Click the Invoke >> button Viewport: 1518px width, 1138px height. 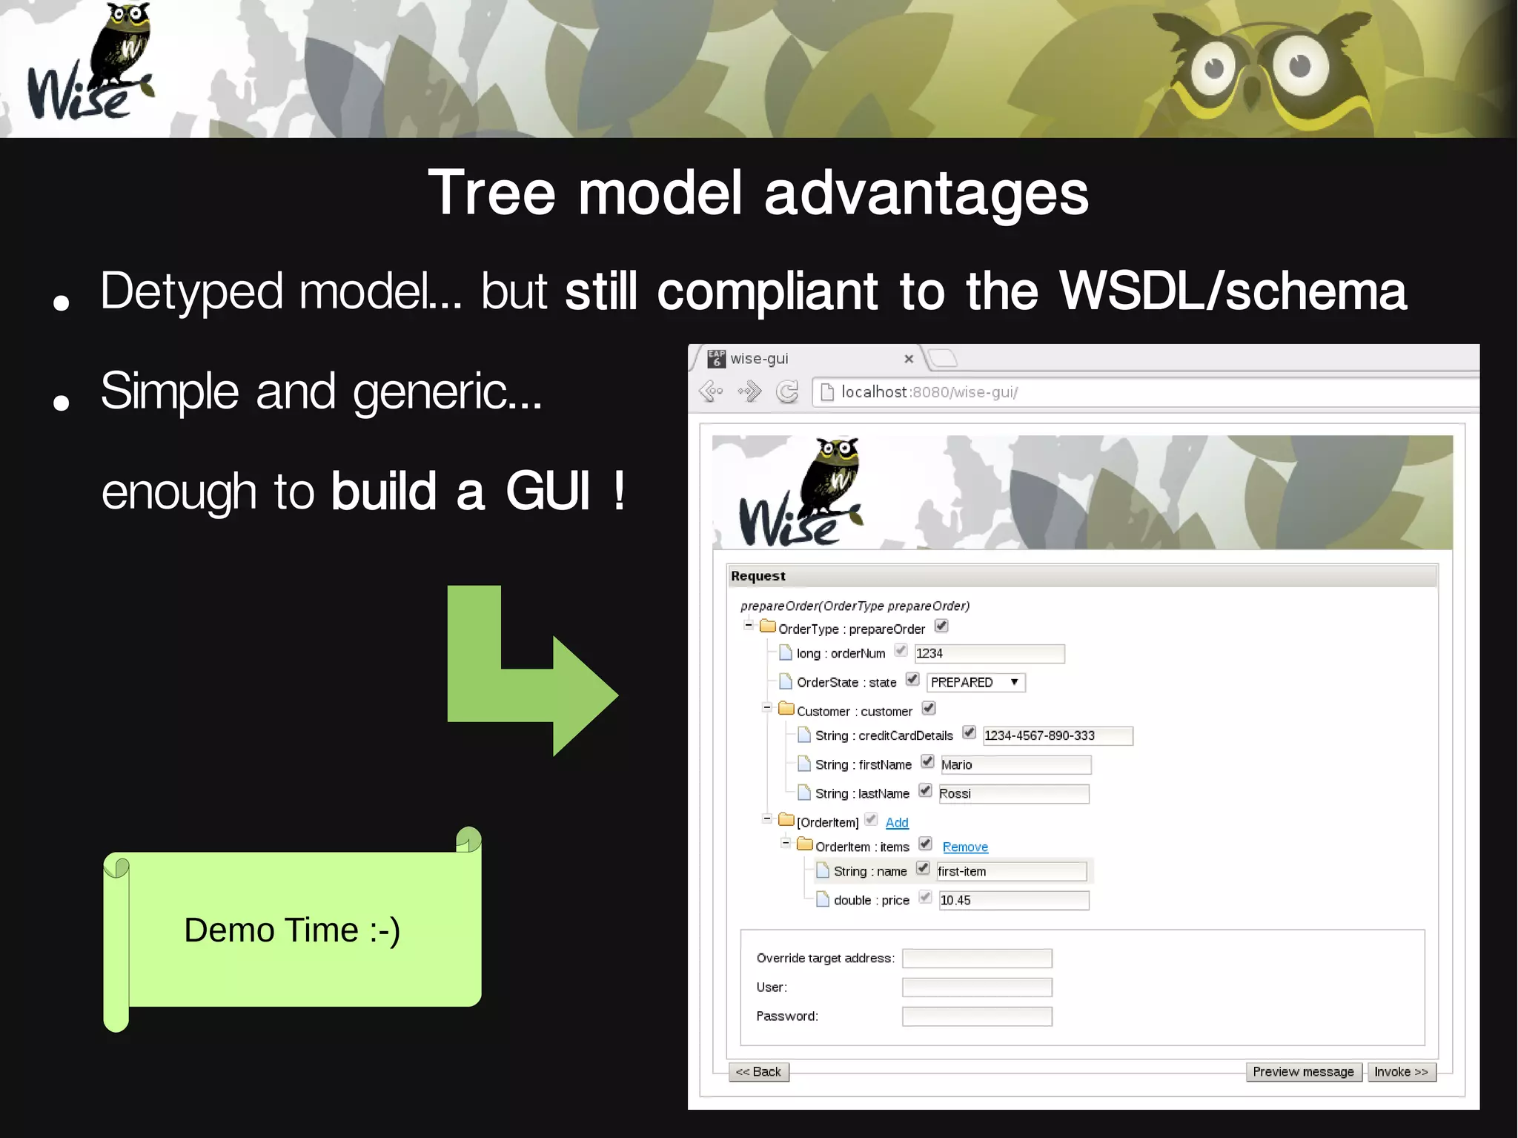pyautogui.click(x=1401, y=1072)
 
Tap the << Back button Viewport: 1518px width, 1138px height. pyautogui.click(x=758, y=1072)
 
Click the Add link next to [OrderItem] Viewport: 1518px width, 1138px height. pyautogui.click(x=897, y=822)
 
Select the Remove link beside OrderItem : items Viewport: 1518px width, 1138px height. pyautogui.click(x=965, y=847)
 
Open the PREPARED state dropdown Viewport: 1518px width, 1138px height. pyautogui.click(x=975, y=682)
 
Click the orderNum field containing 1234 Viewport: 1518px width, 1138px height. pyautogui.click(x=989, y=653)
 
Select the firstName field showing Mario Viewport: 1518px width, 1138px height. pyautogui.click(x=1015, y=764)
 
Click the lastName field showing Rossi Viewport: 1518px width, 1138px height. pyautogui.click(x=1013, y=793)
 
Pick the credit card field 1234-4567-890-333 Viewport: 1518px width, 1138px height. pyautogui.click(x=1057, y=735)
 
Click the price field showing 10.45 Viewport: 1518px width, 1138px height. pyautogui.click(x=1013, y=900)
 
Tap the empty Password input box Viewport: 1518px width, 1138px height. pyautogui.click(x=977, y=1016)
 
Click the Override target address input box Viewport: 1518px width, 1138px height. pyautogui.click(x=977, y=959)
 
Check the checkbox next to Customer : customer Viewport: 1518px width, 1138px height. pyautogui.click(x=929, y=709)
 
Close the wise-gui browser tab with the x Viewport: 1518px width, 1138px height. pyautogui.click(x=909, y=359)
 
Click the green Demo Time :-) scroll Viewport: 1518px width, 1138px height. pyautogui.click(x=293, y=930)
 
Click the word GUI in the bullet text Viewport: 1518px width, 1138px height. pyautogui.click(x=548, y=492)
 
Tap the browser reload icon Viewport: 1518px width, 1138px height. pyautogui.click(x=787, y=391)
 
